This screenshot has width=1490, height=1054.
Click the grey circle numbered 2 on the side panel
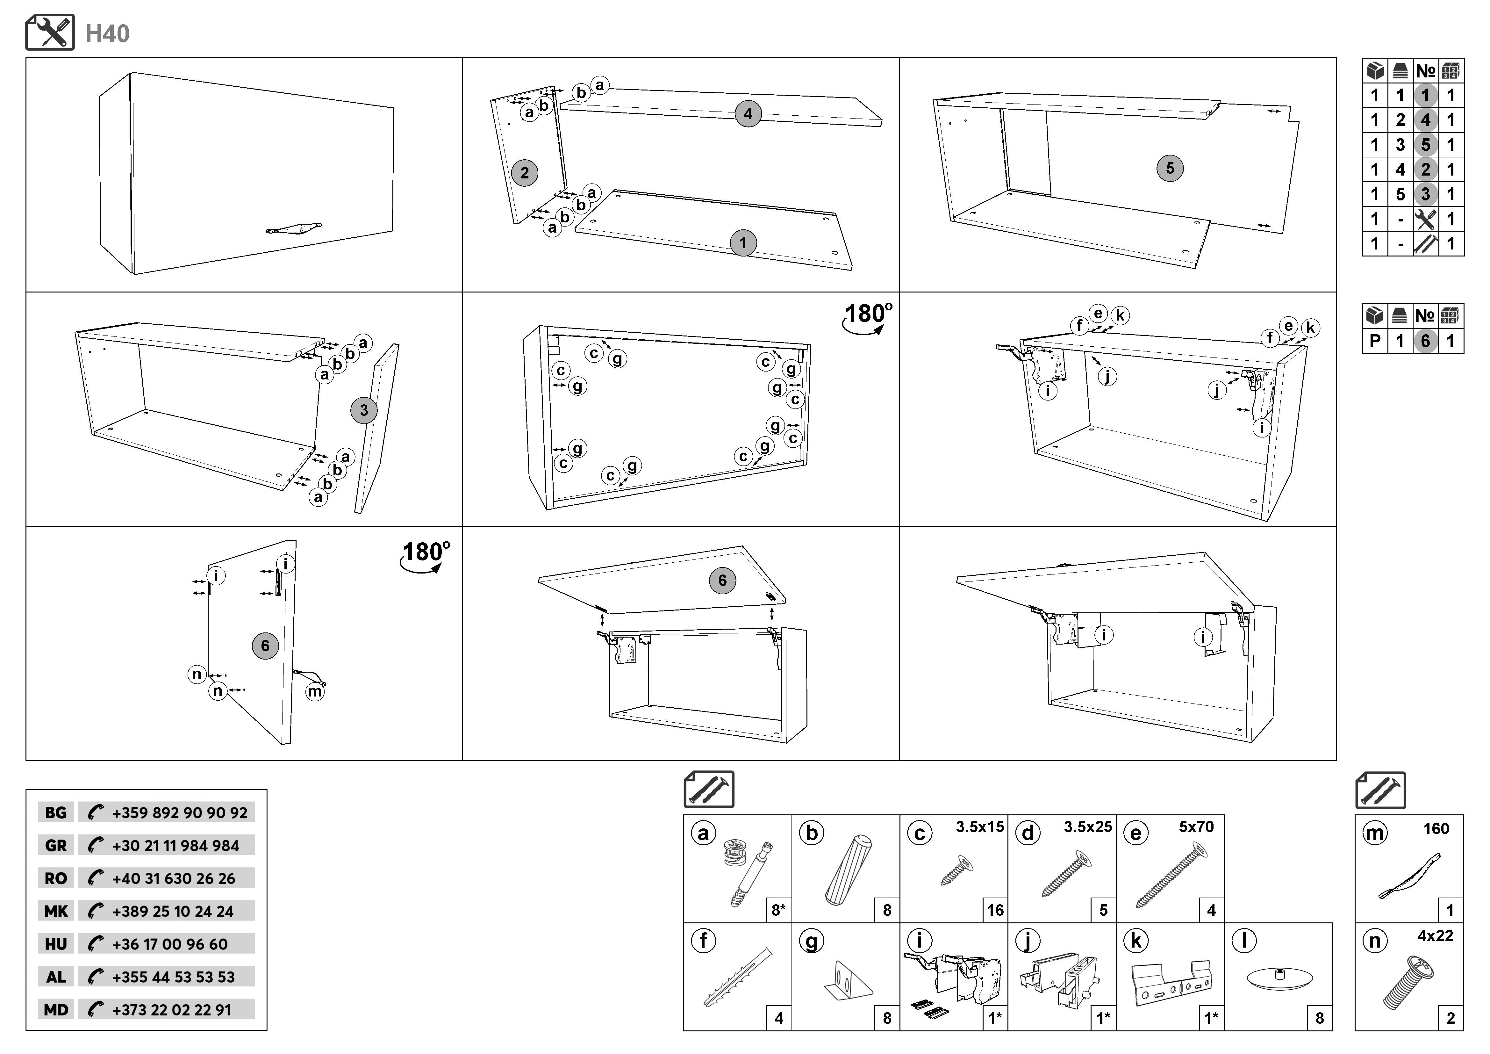[x=524, y=173]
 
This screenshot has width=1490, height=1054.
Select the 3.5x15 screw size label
[x=979, y=827]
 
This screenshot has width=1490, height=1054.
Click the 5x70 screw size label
[x=1196, y=827]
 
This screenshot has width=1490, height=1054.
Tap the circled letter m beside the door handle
[x=315, y=692]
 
